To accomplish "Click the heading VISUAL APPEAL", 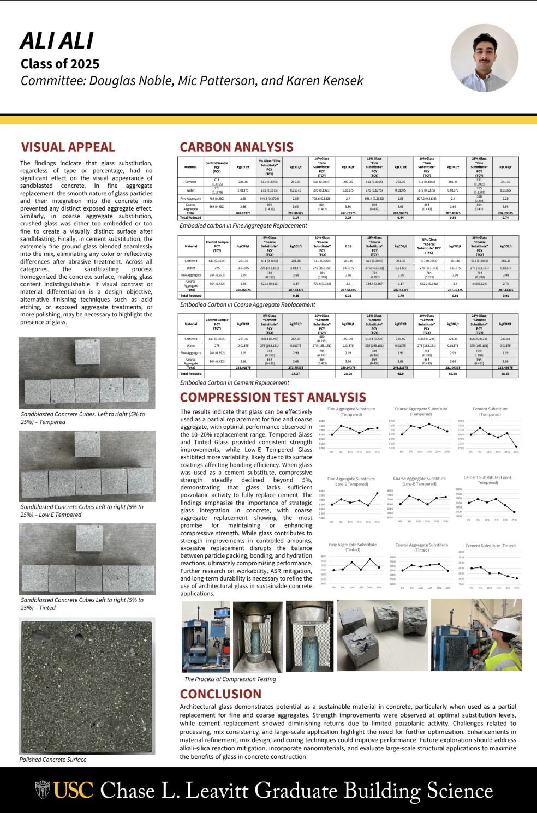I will (x=68, y=147).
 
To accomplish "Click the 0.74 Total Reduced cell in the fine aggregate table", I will (x=505, y=218).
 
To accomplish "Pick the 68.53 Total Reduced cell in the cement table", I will (x=505, y=374).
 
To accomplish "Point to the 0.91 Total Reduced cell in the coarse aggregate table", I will (x=506, y=296).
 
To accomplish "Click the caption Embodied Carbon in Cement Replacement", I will (x=235, y=383).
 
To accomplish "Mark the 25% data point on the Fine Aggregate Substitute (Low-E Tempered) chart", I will (x=378, y=493).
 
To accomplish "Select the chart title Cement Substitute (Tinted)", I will (x=490, y=546).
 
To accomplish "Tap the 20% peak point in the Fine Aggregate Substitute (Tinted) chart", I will (x=371, y=559).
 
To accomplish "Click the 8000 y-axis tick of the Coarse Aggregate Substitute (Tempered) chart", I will (x=392, y=421).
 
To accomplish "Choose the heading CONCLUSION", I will (x=221, y=694).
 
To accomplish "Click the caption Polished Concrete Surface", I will (x=53, y=760).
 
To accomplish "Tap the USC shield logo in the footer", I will (x=43, y=790).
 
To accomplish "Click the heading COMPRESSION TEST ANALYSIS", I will (x=273, y=397).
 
